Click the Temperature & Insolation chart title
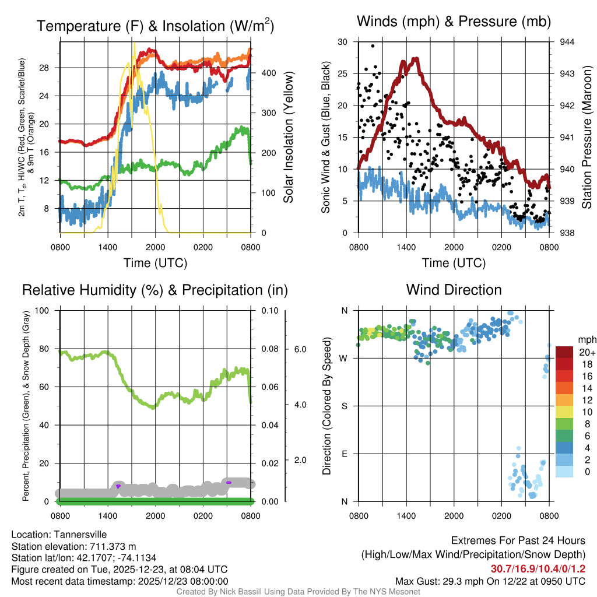click(x=156, y=26)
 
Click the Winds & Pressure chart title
click(x=454, y=22)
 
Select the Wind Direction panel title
click(x=454, y=290)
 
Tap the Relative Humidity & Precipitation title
click(x=154, y=290)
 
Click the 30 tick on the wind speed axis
click(x=343, y=42)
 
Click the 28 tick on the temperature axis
click(x=50, y=68)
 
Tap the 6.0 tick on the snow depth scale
click(x=298, y=349)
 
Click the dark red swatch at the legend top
click(x=564, y=352)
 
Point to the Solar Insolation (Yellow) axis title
click(x=288, y=138)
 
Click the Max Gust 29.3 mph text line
click(x=490, y=581)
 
